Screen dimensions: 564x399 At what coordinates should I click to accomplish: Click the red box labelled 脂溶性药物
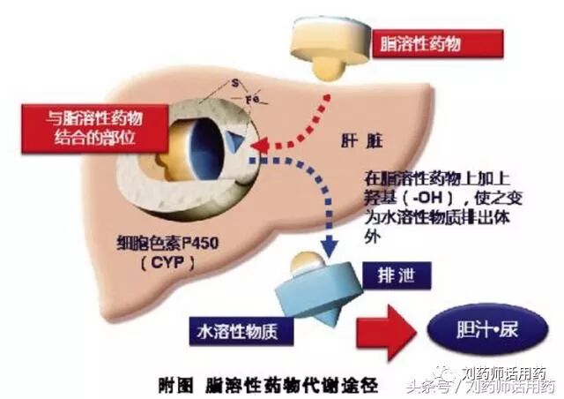point(438,43)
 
